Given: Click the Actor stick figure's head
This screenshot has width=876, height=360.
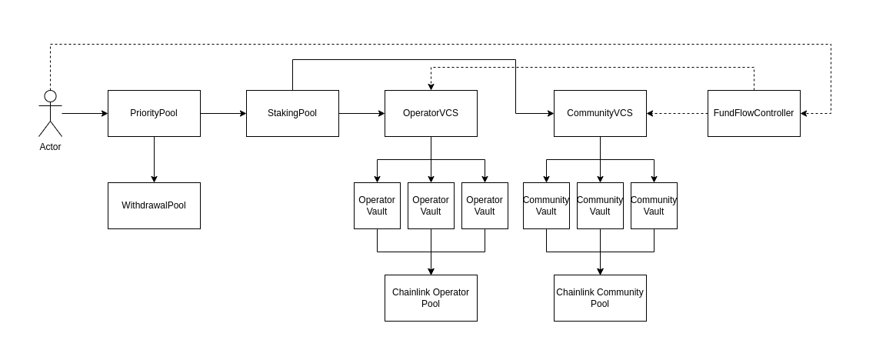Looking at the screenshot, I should click(50, 96).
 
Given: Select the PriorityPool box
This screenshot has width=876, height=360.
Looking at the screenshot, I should click(154, 113).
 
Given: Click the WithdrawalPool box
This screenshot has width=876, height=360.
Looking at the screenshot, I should click(154, 205).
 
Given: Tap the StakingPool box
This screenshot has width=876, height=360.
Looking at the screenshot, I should click(292, 113).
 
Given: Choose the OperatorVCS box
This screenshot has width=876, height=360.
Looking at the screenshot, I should click(431, 113).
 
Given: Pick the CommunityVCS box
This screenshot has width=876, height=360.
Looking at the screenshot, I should click(600, 113).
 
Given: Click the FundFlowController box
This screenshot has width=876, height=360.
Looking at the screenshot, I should click(754, 113).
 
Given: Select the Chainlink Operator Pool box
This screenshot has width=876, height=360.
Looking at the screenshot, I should click(431, 298).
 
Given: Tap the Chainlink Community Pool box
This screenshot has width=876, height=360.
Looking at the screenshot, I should click(600, 298).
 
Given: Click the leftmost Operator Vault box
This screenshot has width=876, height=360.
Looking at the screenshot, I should click(377, 205).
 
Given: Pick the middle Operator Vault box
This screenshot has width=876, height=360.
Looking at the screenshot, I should click(431, 205).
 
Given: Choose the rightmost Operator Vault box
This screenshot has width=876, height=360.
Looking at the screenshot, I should click(485, 205).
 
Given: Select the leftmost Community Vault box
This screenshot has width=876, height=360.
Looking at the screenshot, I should click(546, 205).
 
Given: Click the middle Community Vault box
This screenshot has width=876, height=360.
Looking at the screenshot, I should click(600, 205).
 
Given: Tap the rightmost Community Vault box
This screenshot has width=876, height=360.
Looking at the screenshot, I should click(654, 205).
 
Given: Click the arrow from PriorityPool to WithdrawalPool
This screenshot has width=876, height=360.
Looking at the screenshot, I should click(154, 159).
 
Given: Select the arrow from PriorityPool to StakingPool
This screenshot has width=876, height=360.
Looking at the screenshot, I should click(223, 113).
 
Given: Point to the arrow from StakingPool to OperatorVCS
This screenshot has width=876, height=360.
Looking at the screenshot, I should click(361, 113).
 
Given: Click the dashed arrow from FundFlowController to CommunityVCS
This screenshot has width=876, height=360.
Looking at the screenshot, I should click(677, 113).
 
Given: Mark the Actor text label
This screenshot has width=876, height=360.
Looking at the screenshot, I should click(50, 147).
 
